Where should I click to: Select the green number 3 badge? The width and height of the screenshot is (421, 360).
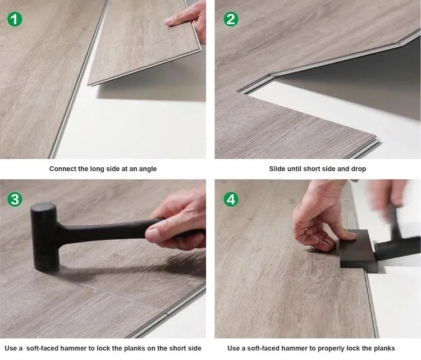[15, 199]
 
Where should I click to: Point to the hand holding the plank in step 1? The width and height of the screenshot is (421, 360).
[189, 20]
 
